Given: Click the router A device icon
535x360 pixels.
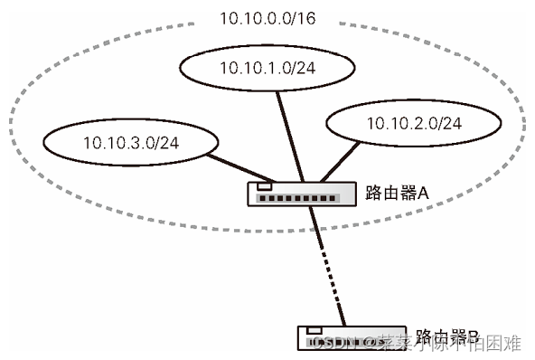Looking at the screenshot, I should pyautogui.click(x=296, y=193).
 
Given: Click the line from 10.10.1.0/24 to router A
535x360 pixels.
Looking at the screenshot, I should pyautogui.click(x=285, y=136).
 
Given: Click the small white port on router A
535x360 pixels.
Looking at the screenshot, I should pyautogui.click(x=263, y=186).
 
